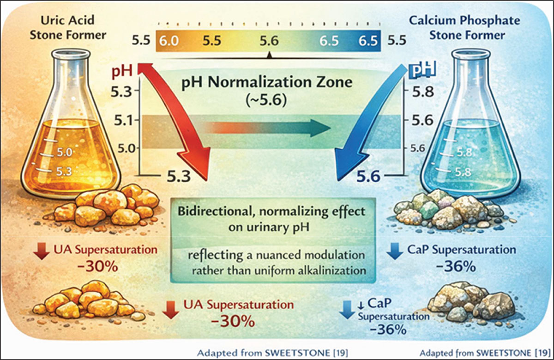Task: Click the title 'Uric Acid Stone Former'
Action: click(x=68, y=28)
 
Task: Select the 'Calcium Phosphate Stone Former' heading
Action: click(x=464, y=28)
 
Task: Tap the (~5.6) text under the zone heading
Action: click(x=266, y=101)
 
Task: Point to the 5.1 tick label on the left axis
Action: click(x=123, y=121)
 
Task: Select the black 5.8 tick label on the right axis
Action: click(x=423, y=92)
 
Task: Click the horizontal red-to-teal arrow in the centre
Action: click(x=268, y=128)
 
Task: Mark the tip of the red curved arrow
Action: click(x=207, y=180)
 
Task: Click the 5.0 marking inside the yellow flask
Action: click(x=65, y=152)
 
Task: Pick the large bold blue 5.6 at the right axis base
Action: click(x=368, y=177)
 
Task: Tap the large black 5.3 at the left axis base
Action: click(x=179, y=176)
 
